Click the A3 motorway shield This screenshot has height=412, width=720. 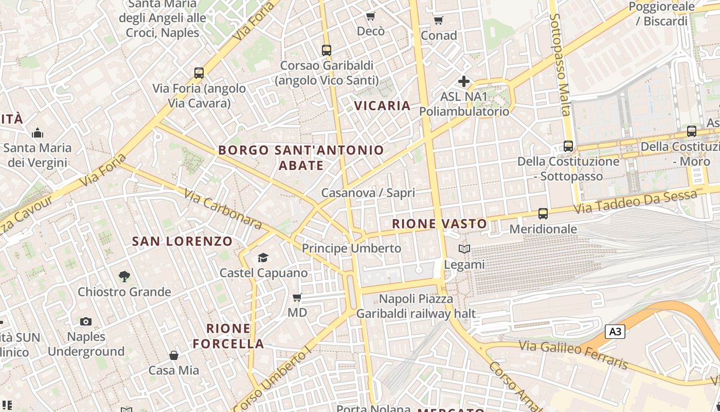click(615, 332)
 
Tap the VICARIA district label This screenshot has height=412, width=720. click(382, 106)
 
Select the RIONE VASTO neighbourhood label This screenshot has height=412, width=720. click(439, 224)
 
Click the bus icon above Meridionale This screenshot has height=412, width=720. click(543, 213)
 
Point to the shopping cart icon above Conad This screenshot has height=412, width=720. click(438, 21)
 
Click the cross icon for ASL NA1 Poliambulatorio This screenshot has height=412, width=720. click(464, 81)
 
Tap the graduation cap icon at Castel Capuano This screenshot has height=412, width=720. click(263, 257)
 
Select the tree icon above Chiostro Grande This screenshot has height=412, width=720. click(124, 277)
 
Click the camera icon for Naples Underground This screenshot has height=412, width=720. click(86, 322)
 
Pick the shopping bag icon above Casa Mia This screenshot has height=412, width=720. click(174, 355)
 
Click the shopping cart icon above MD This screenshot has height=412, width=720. click(297, 298)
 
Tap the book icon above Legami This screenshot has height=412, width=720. click(464, 249)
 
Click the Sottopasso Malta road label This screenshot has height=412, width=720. click(561, 64)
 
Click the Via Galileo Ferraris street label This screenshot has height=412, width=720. click(573, 354)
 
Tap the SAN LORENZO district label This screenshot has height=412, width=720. click(182, 241)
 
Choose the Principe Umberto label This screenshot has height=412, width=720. click(351, 248)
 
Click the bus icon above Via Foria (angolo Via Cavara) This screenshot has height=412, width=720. click(199, 73)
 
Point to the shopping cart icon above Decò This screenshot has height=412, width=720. click(370, 16)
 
